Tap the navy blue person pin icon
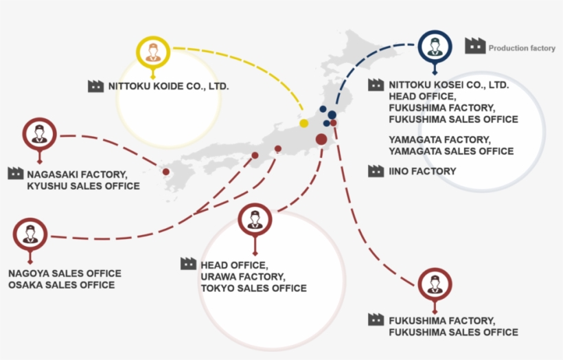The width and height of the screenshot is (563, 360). pos(434,47)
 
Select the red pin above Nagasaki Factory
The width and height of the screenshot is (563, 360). pos(39,134)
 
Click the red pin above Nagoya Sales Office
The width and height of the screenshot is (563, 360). pos(30,234)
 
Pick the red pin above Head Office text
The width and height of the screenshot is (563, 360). pos(255,220)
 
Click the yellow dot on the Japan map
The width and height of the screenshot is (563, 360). pos(303,123)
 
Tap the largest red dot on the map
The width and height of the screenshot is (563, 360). pos(321,139)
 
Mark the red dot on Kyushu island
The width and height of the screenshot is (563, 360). pos(165,172)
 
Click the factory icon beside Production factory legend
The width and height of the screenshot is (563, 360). pos(474,46)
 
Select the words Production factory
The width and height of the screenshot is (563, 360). pos(522,49)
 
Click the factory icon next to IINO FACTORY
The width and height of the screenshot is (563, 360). pos(376,171)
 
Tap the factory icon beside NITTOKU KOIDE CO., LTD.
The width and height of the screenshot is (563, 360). pos(96,87)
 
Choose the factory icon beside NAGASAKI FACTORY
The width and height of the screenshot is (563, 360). pos(16,174)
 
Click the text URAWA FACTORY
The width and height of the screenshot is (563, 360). pos(242,276)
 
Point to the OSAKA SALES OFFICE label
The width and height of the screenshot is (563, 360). pos(61,285)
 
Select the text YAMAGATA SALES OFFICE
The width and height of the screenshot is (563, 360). pos(450,151)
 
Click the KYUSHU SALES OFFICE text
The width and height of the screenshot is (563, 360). pos(83,186)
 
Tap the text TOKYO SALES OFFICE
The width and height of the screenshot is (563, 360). pos(253,288)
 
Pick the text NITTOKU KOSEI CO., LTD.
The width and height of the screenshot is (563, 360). pos(448,85)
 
